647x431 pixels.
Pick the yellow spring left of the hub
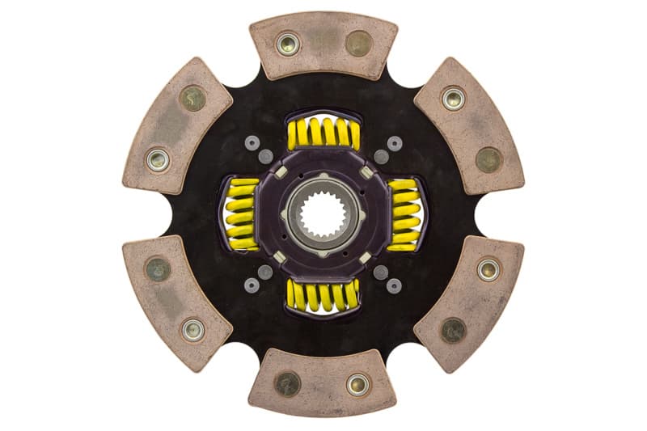point(241,214)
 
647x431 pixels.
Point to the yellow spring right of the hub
point(404,214)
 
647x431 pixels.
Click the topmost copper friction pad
point(323,45)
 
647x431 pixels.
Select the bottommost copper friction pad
point(323,382)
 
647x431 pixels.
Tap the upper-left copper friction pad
point(178,125)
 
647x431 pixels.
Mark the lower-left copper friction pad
point(177,301)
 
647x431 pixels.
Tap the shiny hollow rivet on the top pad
point(288,43)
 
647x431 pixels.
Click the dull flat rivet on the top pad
point(359,43)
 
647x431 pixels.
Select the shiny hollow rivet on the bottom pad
point(358,384)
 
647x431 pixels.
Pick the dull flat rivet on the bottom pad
point(288,384)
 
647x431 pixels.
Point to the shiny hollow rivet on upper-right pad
point(453,98)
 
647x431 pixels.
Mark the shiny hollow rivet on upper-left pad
point(159,158)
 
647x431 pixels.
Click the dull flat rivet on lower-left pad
point(158,269)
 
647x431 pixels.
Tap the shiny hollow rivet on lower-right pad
point(488,269)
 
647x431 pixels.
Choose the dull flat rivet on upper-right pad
point(488,158)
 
